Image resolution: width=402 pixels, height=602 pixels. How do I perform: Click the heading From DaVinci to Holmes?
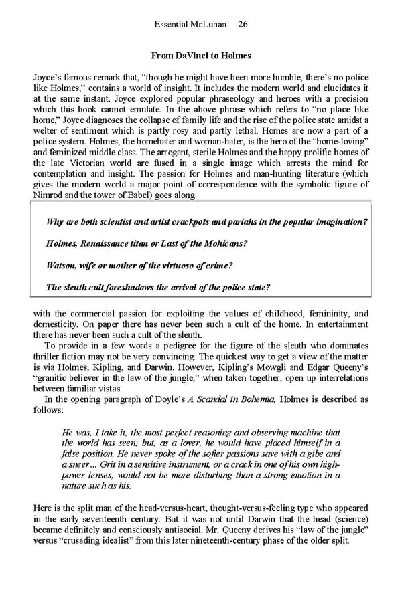201,55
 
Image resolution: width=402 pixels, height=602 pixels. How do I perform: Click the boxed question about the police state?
157,287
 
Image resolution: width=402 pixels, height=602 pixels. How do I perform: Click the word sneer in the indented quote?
76,464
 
